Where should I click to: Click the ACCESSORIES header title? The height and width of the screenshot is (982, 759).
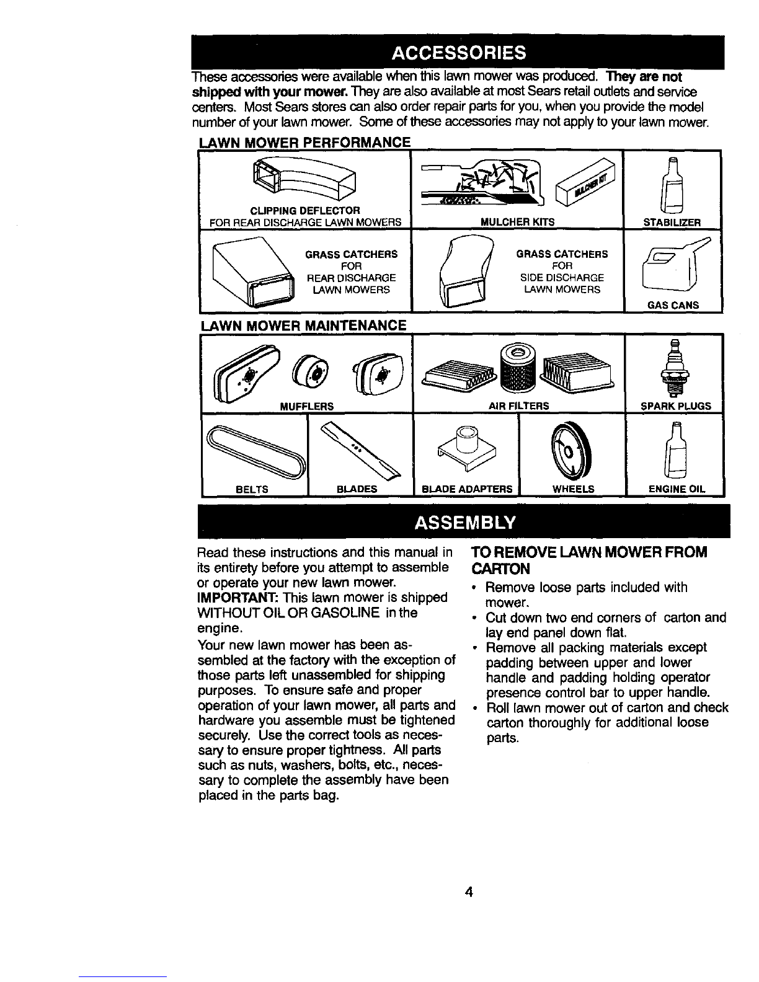coord(458,53)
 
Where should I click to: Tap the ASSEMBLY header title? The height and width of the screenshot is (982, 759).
coord(464,523)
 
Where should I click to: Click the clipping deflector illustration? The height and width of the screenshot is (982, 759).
coord(304,179)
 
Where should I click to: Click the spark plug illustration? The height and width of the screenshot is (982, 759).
coord(675,368)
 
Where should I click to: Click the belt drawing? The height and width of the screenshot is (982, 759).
coord(256,453)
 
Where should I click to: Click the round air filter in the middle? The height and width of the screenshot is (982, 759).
coord(518,368)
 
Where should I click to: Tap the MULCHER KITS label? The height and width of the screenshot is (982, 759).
coord(517,222)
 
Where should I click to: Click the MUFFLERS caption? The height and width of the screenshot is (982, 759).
coord(306,406)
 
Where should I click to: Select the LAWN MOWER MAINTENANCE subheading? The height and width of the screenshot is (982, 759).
coord(303,325)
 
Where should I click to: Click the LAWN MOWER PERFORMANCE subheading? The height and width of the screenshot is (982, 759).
coord(304,143)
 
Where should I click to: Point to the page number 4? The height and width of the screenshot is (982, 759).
coord(469,891)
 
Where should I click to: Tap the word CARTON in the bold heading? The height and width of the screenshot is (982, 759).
coord(500,568)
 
